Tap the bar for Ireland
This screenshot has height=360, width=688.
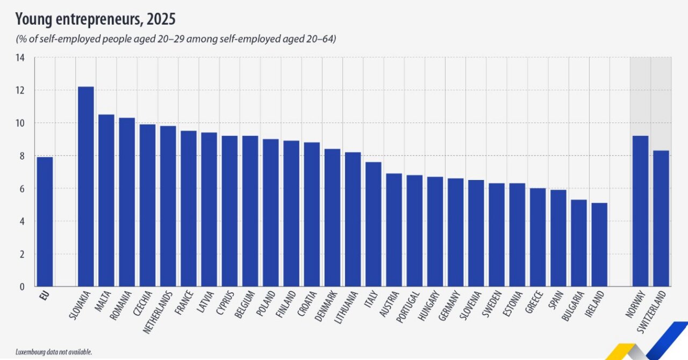click(x=599, y=244)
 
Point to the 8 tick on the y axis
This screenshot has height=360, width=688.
click(x=22, y=156)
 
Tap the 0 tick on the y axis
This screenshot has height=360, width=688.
click(x=22, y=286)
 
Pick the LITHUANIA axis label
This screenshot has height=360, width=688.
click(x=347, y=308)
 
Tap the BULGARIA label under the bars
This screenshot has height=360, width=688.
click(x=574, y=307)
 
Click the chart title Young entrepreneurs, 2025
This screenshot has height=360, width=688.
click(x=96, y=20)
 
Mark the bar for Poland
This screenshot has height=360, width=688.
click(x=271, y=213)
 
